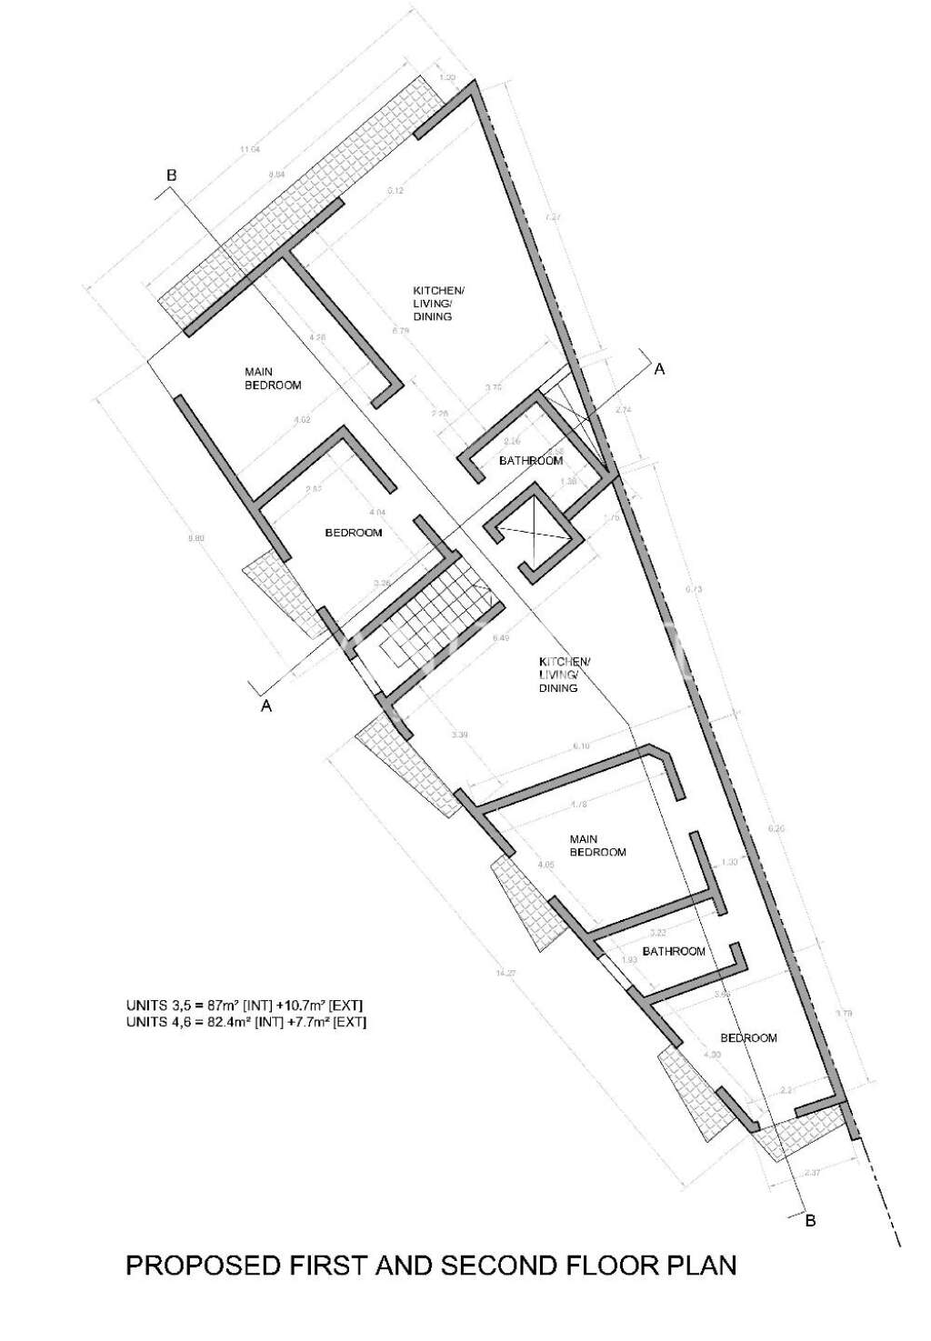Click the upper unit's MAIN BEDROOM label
pyautogui.click(x=272, y=378)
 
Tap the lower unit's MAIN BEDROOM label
pyautogui.click(x=597, y=846)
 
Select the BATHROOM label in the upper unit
pyautogui.click(x=531, y=461)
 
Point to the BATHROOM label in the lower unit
pyautogui.click(x=674, y=952)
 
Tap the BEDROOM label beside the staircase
pyautogui.click(x=354, y=533)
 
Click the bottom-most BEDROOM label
pyautogui.click(x=748, y=1038)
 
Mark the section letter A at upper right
pyautogui.click(x=660, y=369)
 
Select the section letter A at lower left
pyautogui.click(x=266, y=706)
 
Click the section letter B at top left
pyautogui.click(x=171, y=175)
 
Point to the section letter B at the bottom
pyautogui.click(x=810, y=1221)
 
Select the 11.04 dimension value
pyautogui.click(x=250, y=150)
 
